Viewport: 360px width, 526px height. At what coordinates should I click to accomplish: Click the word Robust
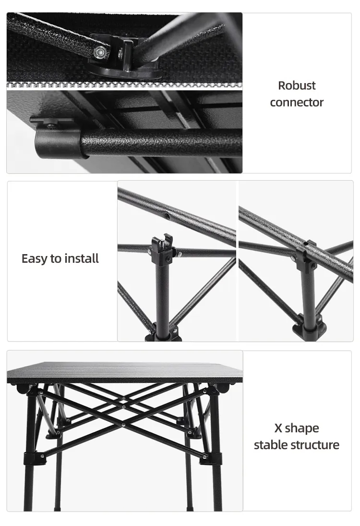click(x=297, y=86)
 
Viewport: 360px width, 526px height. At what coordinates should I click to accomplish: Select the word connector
click(x=297, y=102)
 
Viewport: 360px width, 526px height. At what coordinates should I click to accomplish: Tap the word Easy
click(x=35, y=259)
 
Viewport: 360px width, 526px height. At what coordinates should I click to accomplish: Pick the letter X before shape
click(x=278, y=428)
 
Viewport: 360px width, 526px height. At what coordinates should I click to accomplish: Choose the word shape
click(x=302, y=428)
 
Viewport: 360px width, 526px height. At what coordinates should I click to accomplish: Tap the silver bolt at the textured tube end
click(x=99, y=51)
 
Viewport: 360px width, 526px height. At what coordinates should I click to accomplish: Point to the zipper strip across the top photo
click(x=124, y=85)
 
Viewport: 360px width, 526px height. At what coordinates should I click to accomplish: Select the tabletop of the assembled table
click(x=125, y=372)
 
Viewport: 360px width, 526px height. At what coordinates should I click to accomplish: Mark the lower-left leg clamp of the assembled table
click(x=35, y=457)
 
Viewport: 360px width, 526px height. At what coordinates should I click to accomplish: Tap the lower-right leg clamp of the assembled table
click(x=211, y=457)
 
